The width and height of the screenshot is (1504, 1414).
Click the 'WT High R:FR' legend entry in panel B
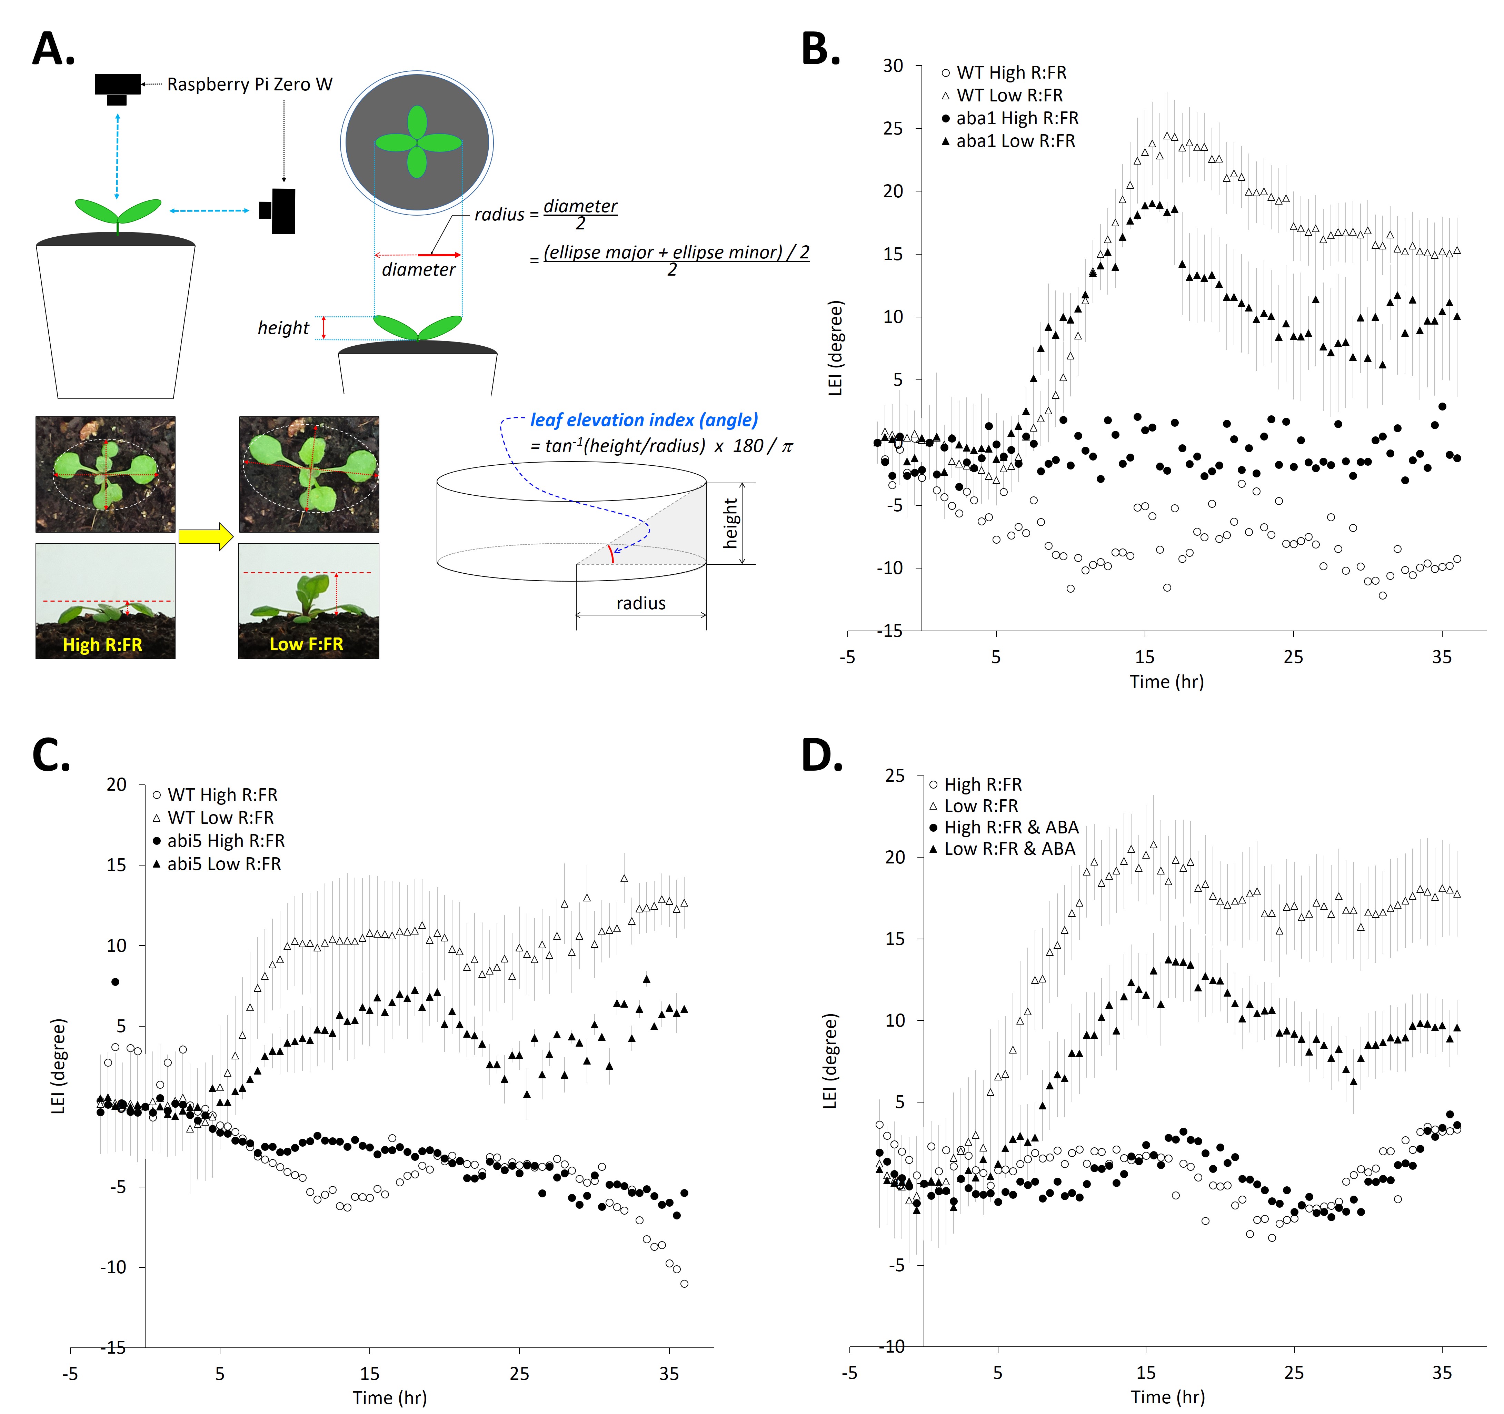1011,73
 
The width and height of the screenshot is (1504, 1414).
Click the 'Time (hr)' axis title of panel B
1167,682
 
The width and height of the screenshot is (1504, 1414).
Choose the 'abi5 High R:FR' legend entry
226,841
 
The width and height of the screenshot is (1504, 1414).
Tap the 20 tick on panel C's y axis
117,784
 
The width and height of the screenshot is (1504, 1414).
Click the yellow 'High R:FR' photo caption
102,645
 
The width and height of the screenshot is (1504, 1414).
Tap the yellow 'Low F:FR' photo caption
306,645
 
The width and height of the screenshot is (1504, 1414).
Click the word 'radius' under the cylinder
641,603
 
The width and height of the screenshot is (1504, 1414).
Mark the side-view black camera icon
278,211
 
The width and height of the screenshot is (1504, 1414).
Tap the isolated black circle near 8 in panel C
115,982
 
